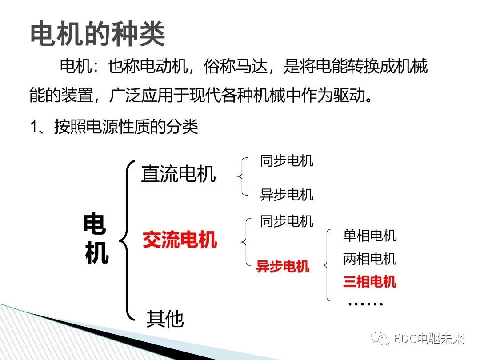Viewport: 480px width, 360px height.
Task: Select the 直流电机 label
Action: pos(178,174)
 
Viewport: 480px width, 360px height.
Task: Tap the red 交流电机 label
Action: pos(180,240)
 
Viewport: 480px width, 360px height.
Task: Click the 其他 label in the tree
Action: pos(165,318)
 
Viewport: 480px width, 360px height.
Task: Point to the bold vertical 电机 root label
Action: pos(96,239)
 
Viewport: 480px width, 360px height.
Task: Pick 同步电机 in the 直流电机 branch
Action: pos(287,161)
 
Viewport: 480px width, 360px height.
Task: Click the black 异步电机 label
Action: pos(287,195)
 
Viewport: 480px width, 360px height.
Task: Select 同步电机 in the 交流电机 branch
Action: pos(287,221)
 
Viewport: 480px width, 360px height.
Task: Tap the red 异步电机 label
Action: pos(283,267)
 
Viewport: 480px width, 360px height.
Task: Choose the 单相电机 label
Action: pos(369,235)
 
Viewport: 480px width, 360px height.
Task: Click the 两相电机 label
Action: pos(369,259)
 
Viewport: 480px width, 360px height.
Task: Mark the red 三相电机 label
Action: pos(369,282)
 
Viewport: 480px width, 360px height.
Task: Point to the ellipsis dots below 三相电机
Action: pos(365,304)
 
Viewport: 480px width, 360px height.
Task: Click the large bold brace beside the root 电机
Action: pos(127,240)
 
